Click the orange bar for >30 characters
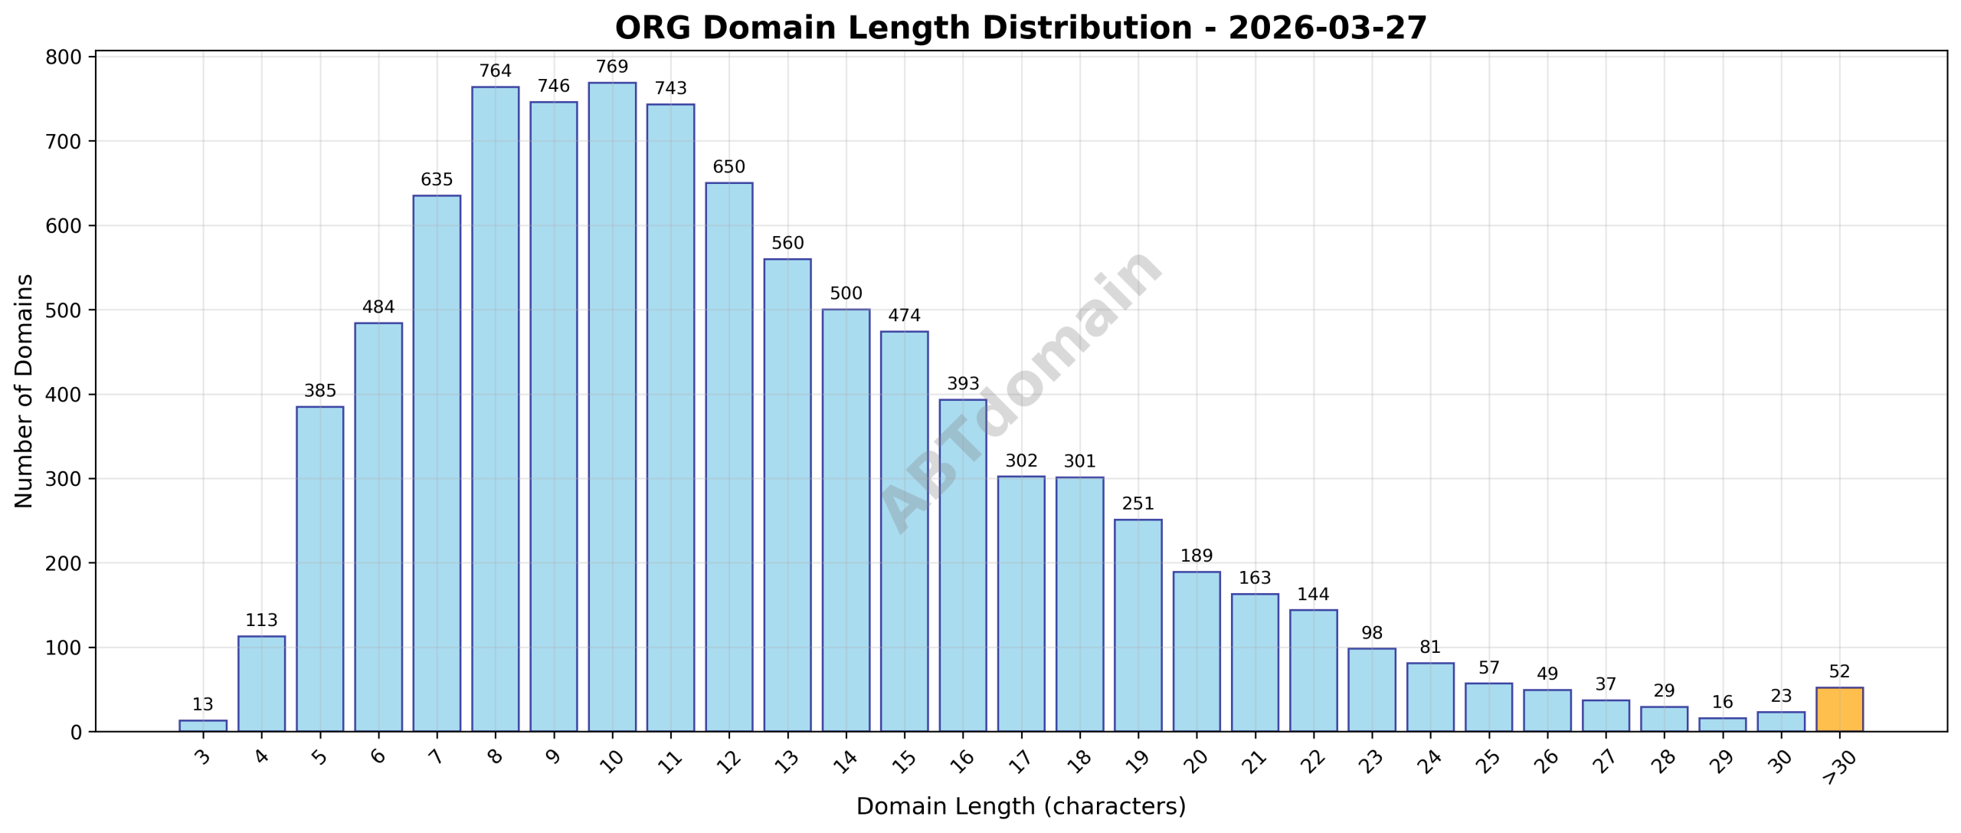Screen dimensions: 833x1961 coord(1838,709)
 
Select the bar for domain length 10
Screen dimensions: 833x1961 coord(611,406)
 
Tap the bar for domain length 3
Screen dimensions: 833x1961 coord(202,725)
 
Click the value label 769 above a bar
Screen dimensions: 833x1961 coord(611,67)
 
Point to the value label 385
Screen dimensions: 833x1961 coord(319,391)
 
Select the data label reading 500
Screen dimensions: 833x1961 coord(846,294)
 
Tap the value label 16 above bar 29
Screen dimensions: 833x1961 coord(1722,702)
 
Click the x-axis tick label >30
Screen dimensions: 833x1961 coord(1838,767)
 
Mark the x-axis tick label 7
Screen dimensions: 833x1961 coord(437,757)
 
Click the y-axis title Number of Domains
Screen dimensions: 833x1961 coord(24,391)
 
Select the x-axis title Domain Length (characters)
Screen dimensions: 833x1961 coord(1020,806)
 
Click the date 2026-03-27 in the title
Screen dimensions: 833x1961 coord(1327,28)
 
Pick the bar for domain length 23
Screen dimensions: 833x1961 coord(1371,690)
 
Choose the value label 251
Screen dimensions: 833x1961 coord(1138,503)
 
